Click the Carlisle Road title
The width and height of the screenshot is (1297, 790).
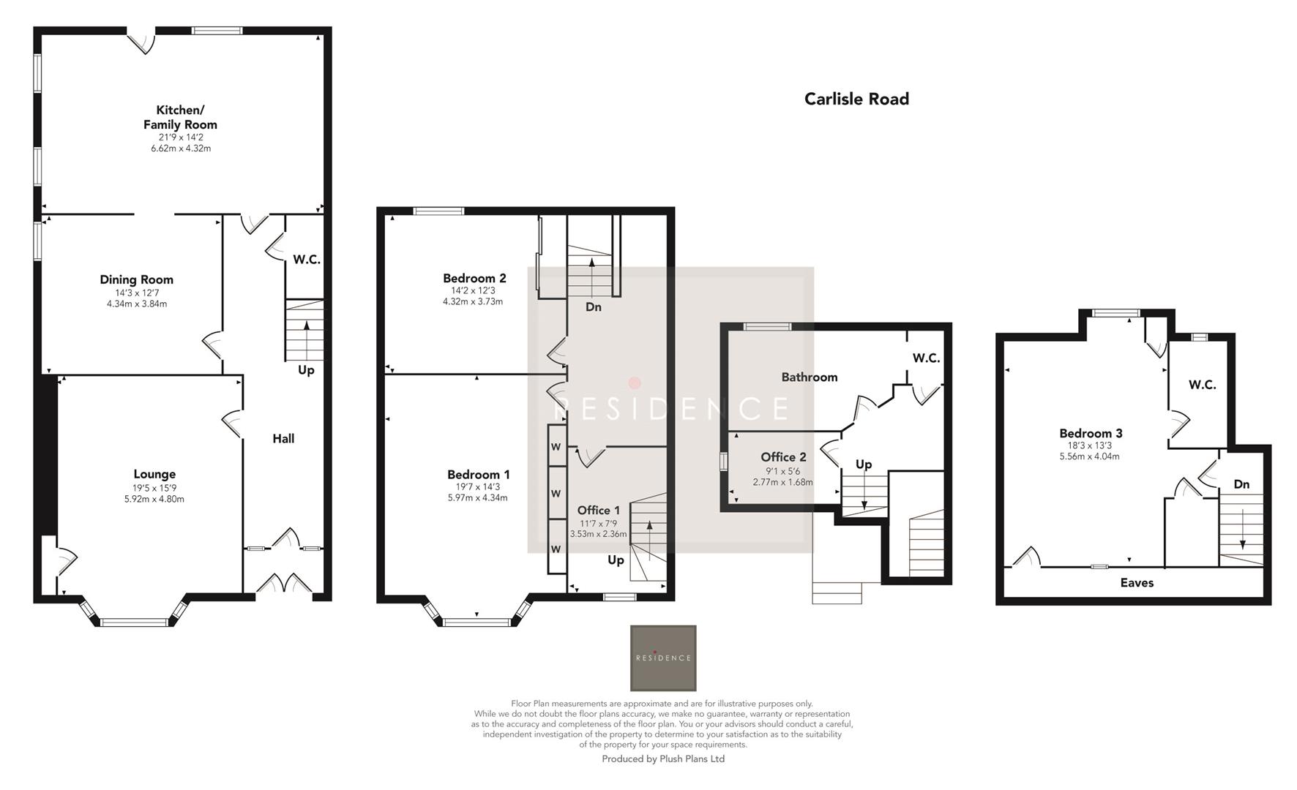856,99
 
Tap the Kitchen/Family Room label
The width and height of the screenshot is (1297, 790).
180,117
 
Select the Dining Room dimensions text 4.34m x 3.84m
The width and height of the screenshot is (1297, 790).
137,304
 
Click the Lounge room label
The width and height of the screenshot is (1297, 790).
154,474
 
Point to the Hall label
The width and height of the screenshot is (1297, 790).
283,438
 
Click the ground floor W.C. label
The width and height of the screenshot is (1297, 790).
307,260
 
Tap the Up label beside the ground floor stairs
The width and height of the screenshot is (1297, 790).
306,370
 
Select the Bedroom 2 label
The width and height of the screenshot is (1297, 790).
474,278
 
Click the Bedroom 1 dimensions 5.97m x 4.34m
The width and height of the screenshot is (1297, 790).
477,498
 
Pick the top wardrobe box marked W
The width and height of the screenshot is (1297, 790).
556,447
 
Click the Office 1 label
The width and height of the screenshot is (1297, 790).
598,511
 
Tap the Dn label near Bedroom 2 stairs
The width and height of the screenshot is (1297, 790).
593,307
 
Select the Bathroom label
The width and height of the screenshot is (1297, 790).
809,377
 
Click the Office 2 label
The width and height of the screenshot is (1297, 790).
783,458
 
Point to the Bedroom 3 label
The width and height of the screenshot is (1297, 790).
1090,433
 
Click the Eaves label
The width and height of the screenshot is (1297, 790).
1137,583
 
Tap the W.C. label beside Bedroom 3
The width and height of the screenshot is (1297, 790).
1202,385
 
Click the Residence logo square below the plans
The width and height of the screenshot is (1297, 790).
663,658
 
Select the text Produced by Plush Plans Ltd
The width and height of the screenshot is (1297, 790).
663,759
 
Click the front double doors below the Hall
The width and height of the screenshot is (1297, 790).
285,585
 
